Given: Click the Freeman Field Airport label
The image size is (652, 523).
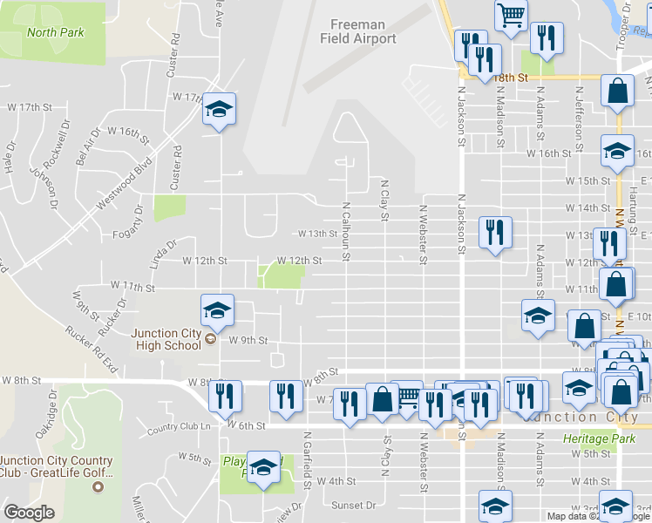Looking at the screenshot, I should [x=363, y=31].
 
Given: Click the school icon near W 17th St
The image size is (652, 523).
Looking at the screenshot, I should [x=219, y=109].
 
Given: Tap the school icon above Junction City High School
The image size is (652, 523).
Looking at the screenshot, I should [x=217, y=310].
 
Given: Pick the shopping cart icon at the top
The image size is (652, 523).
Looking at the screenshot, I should [x=511, y=13].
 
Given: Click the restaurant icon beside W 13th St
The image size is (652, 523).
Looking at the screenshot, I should [x=495, y=233].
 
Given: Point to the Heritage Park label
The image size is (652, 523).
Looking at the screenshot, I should [x=598, y=438].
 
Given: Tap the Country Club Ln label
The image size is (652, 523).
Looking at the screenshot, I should [x=180, y=427].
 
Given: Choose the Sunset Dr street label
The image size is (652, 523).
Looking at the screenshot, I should [x=353, y=504].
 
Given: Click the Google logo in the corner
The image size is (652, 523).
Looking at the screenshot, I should [x=29, y=513].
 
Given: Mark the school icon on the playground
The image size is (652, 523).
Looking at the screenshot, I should [x=262, y=468].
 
